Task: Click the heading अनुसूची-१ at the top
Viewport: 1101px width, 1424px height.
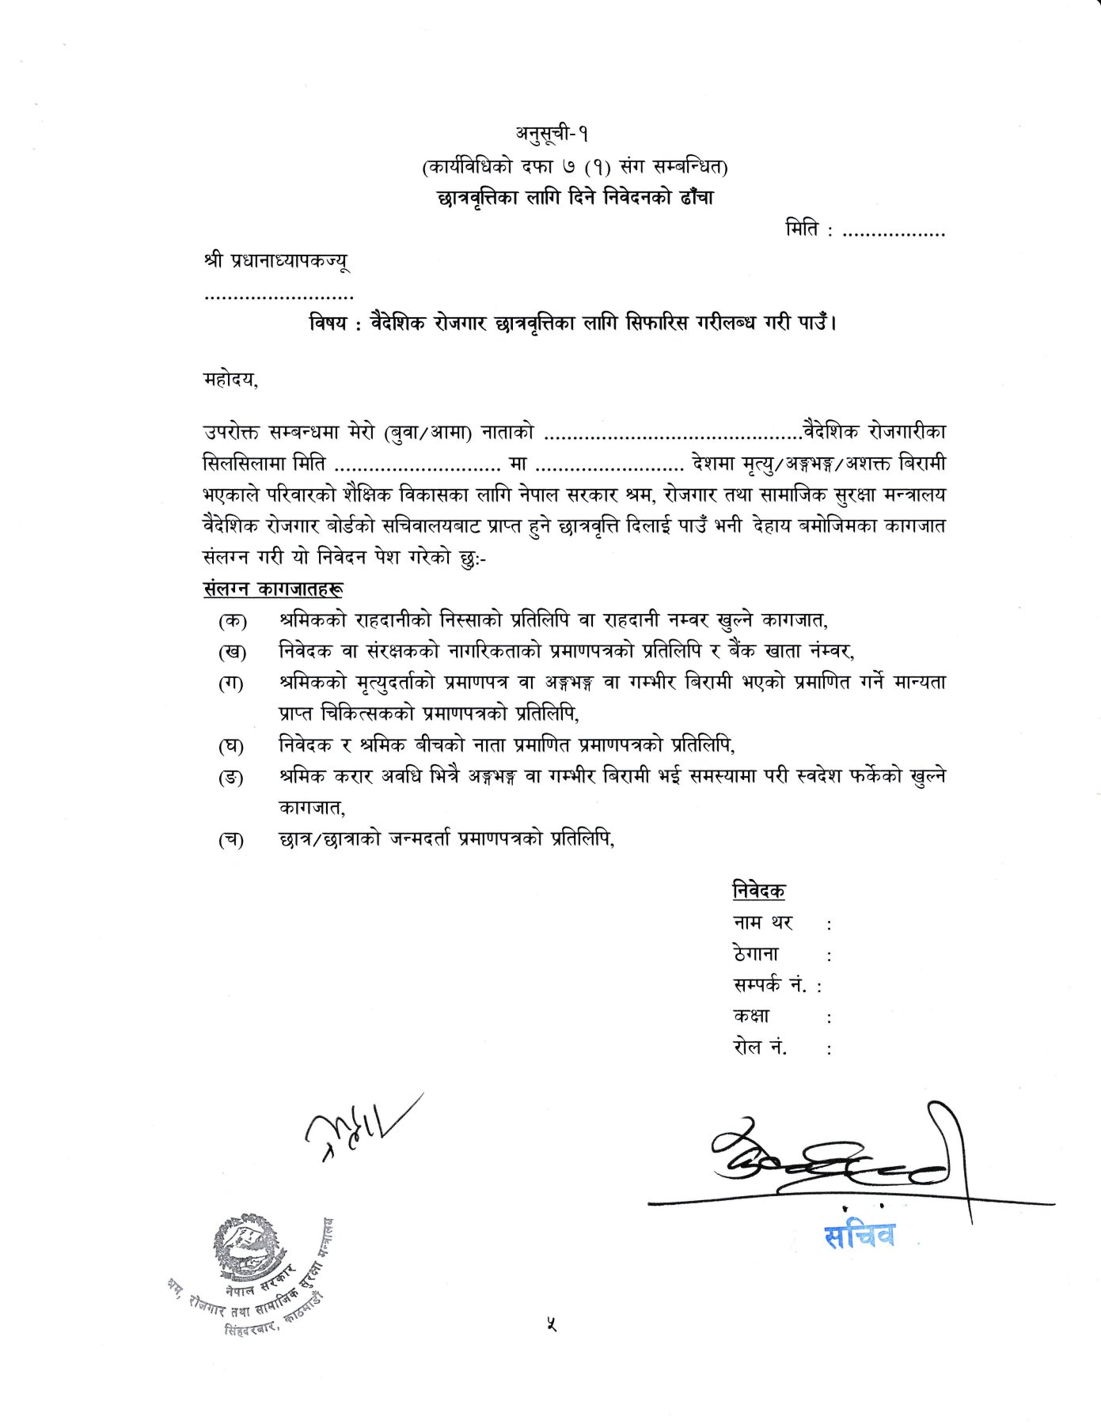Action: [552, 134]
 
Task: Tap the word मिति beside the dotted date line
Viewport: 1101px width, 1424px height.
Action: [803, 230]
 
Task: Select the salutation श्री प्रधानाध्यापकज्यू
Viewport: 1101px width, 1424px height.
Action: [276, 261]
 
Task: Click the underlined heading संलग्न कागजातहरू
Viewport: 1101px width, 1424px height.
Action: [273, 589]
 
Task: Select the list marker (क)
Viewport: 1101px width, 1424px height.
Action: [232, 621]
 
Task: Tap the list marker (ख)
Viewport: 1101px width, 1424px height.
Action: [232, 653]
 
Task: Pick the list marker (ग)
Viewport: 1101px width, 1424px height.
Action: [231, 684]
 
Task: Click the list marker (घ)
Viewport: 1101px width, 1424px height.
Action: [231, 746]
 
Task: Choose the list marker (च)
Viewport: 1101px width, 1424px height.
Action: [231, 840]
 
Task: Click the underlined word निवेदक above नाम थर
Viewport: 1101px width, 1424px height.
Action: [758, 891]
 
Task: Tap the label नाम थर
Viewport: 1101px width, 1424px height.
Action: [762, 922]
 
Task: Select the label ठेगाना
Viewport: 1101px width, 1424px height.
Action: [756, 954]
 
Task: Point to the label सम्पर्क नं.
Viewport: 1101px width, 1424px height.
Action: [769, 985]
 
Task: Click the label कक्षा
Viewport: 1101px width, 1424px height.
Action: [751, 1017]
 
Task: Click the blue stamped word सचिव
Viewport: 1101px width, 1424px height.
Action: [859, 1236]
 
